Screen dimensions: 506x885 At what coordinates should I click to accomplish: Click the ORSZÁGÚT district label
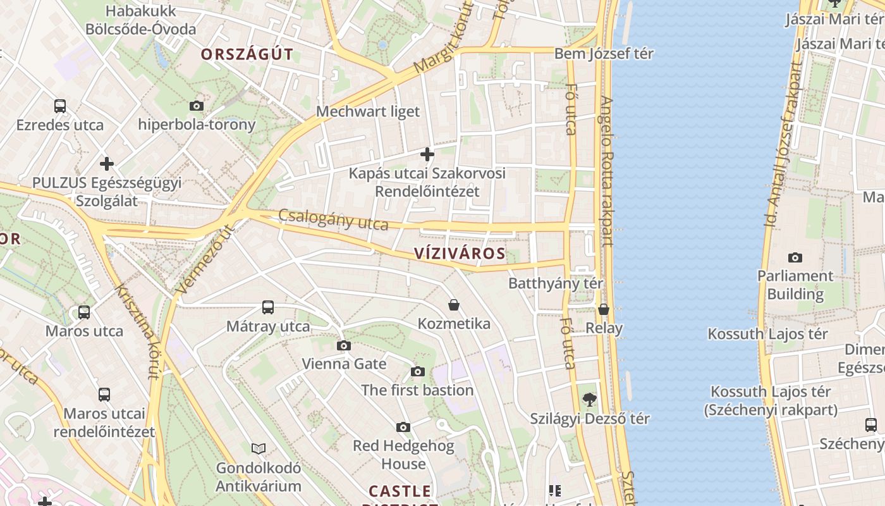click(247, 54)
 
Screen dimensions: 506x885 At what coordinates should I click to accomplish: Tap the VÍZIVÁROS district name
click(460, 254)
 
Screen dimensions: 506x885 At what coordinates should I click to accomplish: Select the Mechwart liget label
click(367, 112)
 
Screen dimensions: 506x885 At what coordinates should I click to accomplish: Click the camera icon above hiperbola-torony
click(197, 106)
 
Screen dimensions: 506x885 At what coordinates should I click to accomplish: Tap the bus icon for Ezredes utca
click(60, 106)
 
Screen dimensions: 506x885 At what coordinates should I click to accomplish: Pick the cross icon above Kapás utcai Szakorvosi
click(427, 154)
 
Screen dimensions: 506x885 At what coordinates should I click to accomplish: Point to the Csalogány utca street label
click(333, 219)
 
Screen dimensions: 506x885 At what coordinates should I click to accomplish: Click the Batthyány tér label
click(556, 283)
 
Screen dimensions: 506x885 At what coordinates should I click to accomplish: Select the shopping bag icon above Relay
click(604, 309)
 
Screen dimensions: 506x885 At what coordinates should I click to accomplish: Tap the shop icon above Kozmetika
click(454, 305)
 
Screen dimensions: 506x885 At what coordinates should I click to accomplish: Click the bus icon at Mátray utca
click(268, 307)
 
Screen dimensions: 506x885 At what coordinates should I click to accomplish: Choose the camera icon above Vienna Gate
click(344, 345)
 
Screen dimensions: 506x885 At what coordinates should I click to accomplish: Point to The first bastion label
click(417, 390)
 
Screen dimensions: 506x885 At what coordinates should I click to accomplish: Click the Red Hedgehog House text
click(403, 454)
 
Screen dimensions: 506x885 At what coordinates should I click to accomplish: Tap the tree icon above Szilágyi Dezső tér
click(589, 399)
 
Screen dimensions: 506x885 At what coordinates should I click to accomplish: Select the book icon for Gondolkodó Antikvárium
click(259, 448)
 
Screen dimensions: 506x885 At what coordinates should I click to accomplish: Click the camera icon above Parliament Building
click(795, 257)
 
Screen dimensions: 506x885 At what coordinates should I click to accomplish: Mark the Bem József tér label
click(604, 54)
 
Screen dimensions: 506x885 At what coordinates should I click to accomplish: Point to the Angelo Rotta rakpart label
click(607, 171)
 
